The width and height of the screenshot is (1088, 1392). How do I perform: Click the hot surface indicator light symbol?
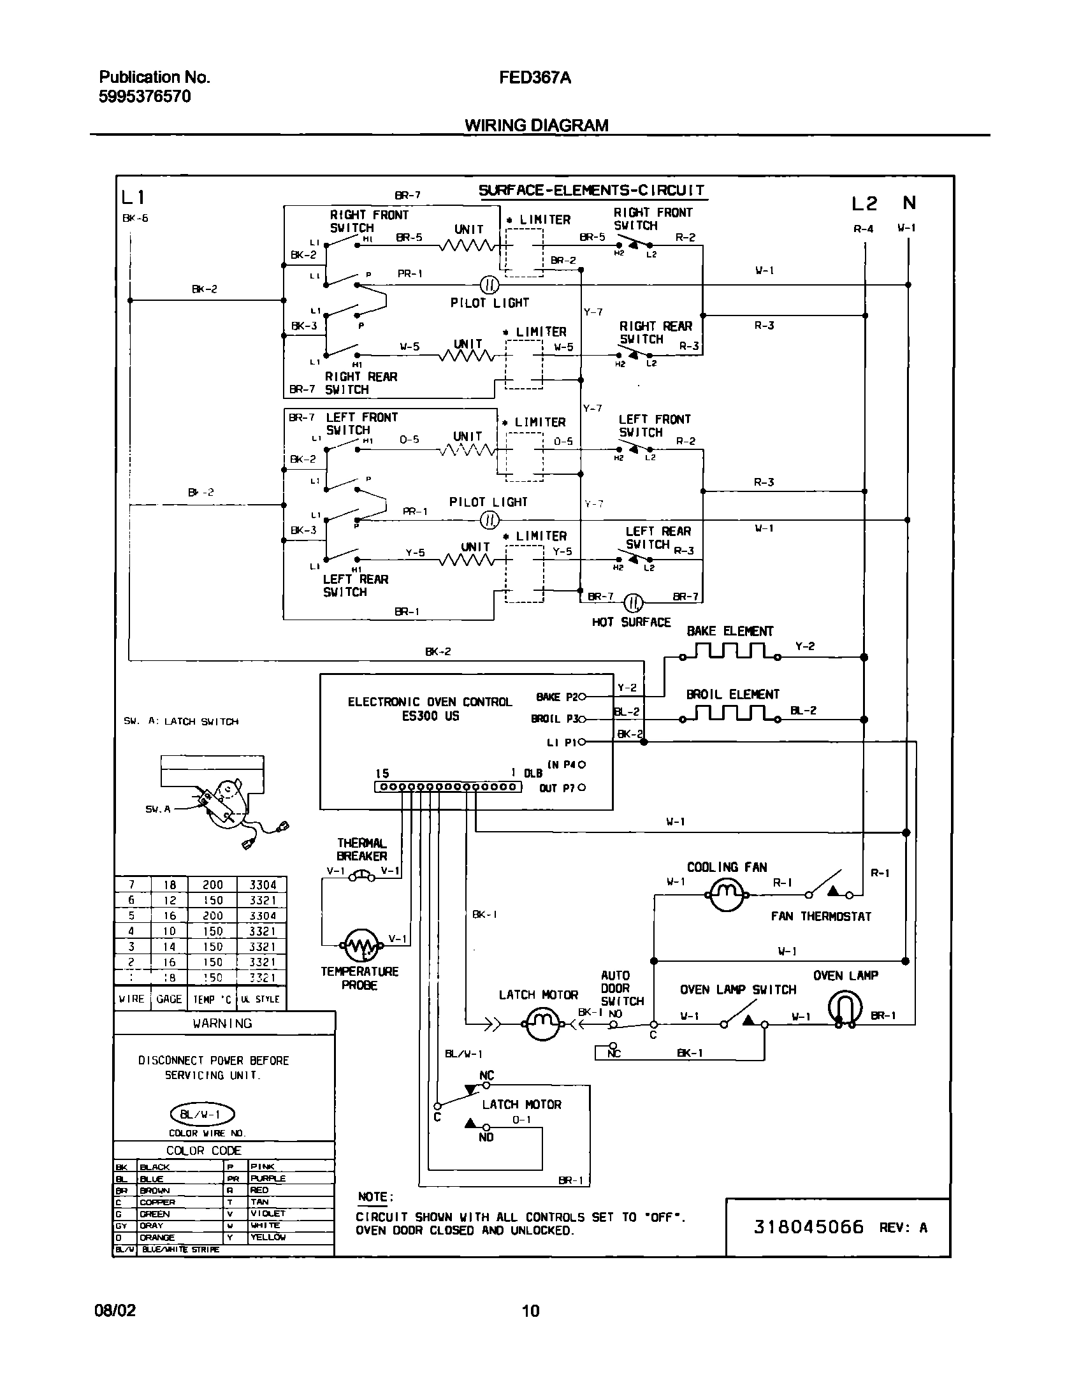(x=634, y=602)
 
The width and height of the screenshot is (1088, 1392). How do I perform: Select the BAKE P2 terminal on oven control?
(x=581, y=697)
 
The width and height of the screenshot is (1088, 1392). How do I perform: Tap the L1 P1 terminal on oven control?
(x=581, y=742)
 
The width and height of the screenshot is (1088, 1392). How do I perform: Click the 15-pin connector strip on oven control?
(x=447, y=788)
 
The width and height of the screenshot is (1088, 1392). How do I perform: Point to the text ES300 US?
(x=430, y=716)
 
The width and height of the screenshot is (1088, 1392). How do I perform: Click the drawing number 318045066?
(x=808, y=1227)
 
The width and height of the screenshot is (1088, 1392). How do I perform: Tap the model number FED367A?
(x=535, y=78)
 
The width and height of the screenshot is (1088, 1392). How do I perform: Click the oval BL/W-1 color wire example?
(x=202, y=1115)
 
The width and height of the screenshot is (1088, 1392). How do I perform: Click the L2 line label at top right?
(x=864, y=204)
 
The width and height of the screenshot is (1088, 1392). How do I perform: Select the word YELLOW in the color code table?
(x=268, y=1237)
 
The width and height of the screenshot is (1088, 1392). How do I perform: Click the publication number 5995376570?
(x=145, y=97)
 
